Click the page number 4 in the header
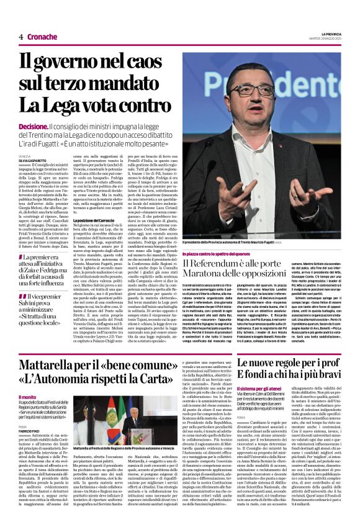click(21, 37)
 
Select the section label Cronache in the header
click(42, 37)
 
